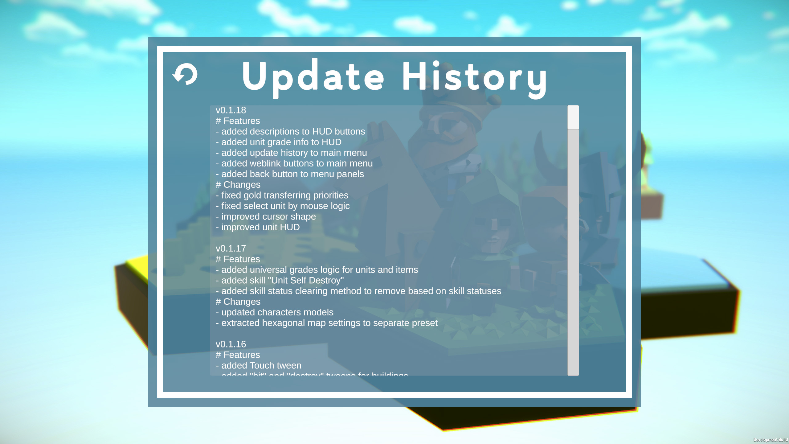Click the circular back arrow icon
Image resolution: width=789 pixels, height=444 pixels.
(x=185, y=74)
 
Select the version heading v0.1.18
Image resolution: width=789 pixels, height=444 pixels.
(x=231, y=110)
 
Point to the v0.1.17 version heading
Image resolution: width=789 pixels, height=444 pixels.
(x=231, y=249)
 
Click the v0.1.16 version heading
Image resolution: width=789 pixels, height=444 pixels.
(x=231, y=344)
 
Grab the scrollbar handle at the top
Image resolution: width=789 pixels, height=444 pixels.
(x=573, y=117)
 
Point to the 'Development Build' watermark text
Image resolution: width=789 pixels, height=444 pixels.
(x=770, y=440)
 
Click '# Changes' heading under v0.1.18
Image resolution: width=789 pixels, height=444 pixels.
(x=238, y=185)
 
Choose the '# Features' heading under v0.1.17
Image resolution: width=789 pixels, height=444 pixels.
(x=238, y=259)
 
